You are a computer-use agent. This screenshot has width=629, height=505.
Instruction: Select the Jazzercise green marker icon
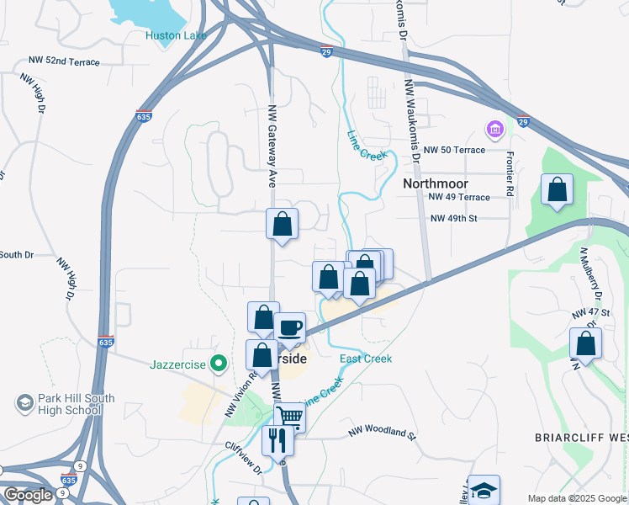click(219, 364)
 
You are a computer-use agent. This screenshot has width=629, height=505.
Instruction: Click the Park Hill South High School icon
click(24, 403)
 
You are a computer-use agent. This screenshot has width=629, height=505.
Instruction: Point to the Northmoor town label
click(435, 183)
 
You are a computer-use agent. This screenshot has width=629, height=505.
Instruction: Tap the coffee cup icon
click(290, 327)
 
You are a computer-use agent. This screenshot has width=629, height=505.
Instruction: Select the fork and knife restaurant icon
click(277, 439)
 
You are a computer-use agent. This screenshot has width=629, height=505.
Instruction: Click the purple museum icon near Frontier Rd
click(494, 130)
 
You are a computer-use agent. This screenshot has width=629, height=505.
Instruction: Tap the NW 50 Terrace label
click(455, 150)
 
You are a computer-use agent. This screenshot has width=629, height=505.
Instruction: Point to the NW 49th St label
click(454, 218)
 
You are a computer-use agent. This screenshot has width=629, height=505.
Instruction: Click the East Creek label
click(366, 359)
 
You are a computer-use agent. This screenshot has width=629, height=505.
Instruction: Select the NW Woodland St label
click(383, 435)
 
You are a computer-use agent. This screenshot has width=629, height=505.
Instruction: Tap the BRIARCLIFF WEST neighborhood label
click(581, 438)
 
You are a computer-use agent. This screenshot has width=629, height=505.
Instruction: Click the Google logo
click(28, 495)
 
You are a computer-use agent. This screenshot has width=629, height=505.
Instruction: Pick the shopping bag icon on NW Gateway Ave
click(283, 224)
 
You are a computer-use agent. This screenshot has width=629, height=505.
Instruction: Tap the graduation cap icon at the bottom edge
click(484, 491)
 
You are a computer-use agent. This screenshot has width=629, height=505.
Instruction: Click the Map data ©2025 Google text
click(578, 498)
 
